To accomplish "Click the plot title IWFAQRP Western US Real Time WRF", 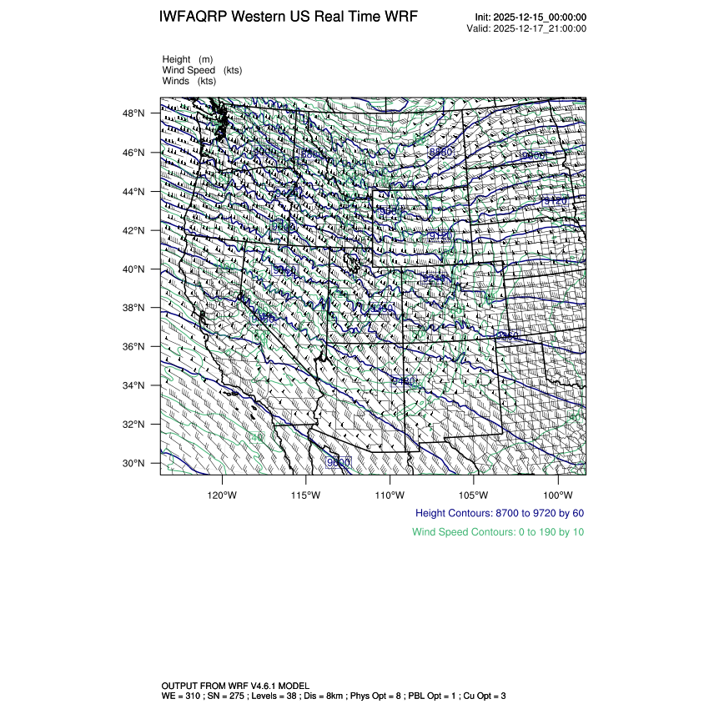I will click(x=288, y=18).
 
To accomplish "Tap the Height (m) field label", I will click(x=188, y=59).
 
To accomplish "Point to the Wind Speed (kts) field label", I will click(x=200, y=70).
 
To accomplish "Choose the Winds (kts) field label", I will click(x=189, y=81).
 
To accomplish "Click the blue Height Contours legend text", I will click(x=499, y=513).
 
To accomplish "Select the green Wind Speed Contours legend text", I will click(x=498, y=532).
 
